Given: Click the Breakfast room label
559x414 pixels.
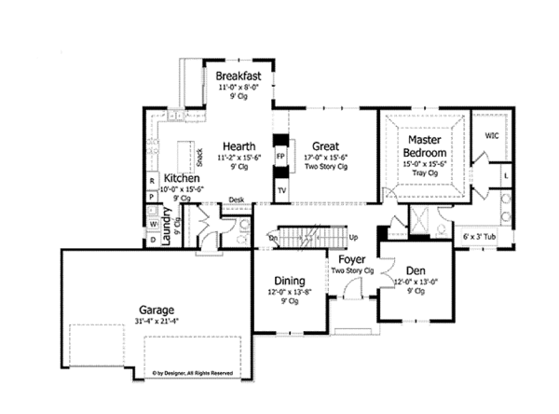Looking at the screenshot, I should [x=237, y=76].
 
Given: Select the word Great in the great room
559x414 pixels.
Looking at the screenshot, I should [x=324, y=145].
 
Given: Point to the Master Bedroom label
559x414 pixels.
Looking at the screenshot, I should [x=422, y=145].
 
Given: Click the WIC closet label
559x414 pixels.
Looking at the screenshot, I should [x=491, y=135].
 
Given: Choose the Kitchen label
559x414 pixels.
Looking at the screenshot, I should [x=182, y=177].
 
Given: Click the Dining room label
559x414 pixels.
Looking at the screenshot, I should [x=291, y=281].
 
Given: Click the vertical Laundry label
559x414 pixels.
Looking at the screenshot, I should [x=169, y=227].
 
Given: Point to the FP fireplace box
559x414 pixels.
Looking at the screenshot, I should [x=280, y=156].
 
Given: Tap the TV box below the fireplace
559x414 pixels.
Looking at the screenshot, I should [x=280, y=188].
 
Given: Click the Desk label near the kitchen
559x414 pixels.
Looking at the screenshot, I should [x=237, y=200].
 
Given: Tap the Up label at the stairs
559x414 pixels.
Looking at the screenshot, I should [x=353, y=238].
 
